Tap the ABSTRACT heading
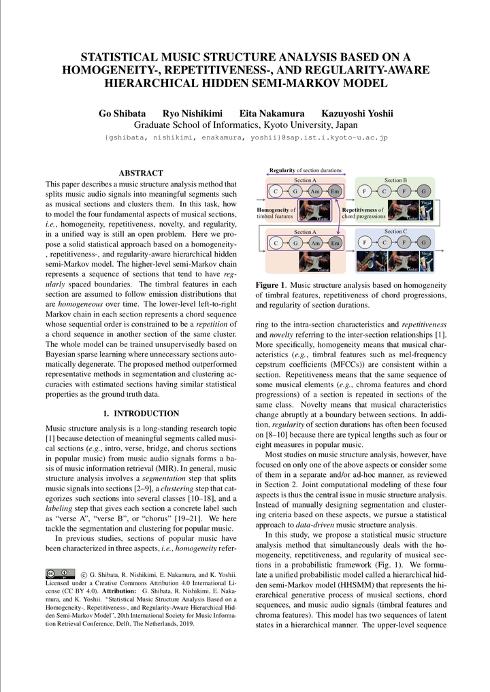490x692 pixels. tap(141, 174)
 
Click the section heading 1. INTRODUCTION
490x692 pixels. tap(141, 413)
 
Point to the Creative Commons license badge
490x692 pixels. tap(61, 574)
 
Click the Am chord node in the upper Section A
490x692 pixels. tap(315, 191)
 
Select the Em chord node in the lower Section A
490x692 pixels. tap(334, 242)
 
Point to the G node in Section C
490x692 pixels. tap(423, 242)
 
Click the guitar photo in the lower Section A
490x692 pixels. tap(314, 261)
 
